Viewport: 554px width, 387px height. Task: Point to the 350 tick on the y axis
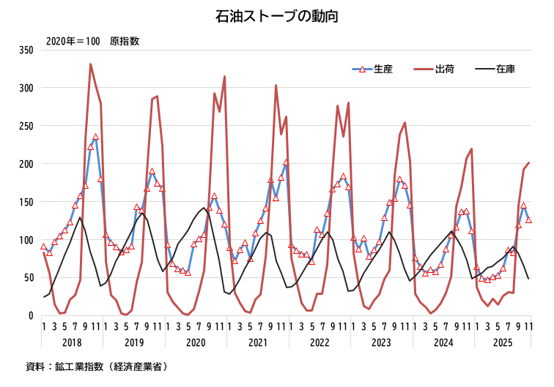(x=26, y=50)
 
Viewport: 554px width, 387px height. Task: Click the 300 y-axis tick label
(x=26, y=88)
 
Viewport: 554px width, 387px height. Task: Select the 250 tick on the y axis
(x=26, y=126)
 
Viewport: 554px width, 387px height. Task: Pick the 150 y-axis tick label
(x=26, y=202)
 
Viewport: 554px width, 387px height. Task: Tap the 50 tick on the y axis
(x=29, y=278)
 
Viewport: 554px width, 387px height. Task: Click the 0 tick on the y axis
(x=31, y=316)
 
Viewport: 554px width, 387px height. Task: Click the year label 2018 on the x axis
(x=73, y=342)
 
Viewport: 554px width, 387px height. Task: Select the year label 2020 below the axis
(x=196, y=342)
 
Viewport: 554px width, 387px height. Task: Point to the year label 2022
(x=320, y=342)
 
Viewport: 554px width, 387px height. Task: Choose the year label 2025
(x=502, y=342)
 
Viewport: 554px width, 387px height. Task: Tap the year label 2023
(x=381, y=342)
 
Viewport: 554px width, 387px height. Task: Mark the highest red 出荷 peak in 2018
(x=91, y=64)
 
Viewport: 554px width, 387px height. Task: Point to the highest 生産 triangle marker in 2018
(x=95, y=138)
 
